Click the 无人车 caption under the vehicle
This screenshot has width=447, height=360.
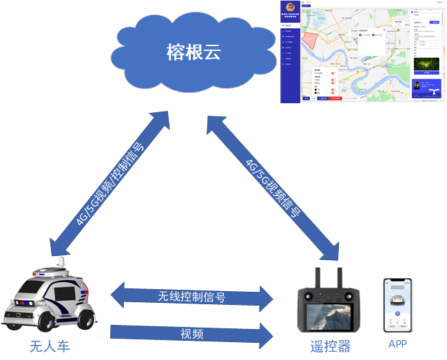click(49, 346)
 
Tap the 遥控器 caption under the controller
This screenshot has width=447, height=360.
click(326, 346)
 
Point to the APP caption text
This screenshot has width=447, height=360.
click(397, 344)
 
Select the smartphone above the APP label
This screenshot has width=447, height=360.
click(397, 306)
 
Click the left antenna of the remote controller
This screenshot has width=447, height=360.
click(320, 275)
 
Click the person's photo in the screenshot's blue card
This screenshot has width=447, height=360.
click(417, 87)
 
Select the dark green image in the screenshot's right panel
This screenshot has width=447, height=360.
click(426, 64)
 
